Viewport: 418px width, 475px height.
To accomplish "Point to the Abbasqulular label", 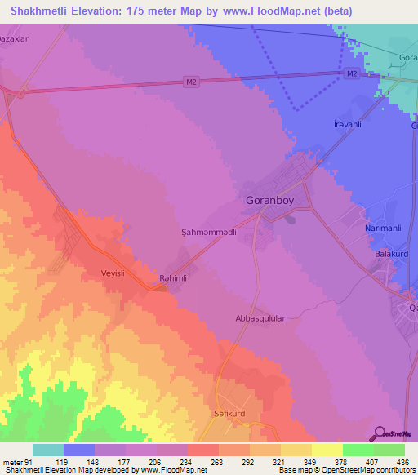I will click(x=260, y=320).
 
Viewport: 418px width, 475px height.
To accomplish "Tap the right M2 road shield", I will click(x=351, y=74).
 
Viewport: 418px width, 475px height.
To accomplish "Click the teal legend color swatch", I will click(x=48, y=450).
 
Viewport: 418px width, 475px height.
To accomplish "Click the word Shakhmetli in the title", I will click(x=42, y=9).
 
